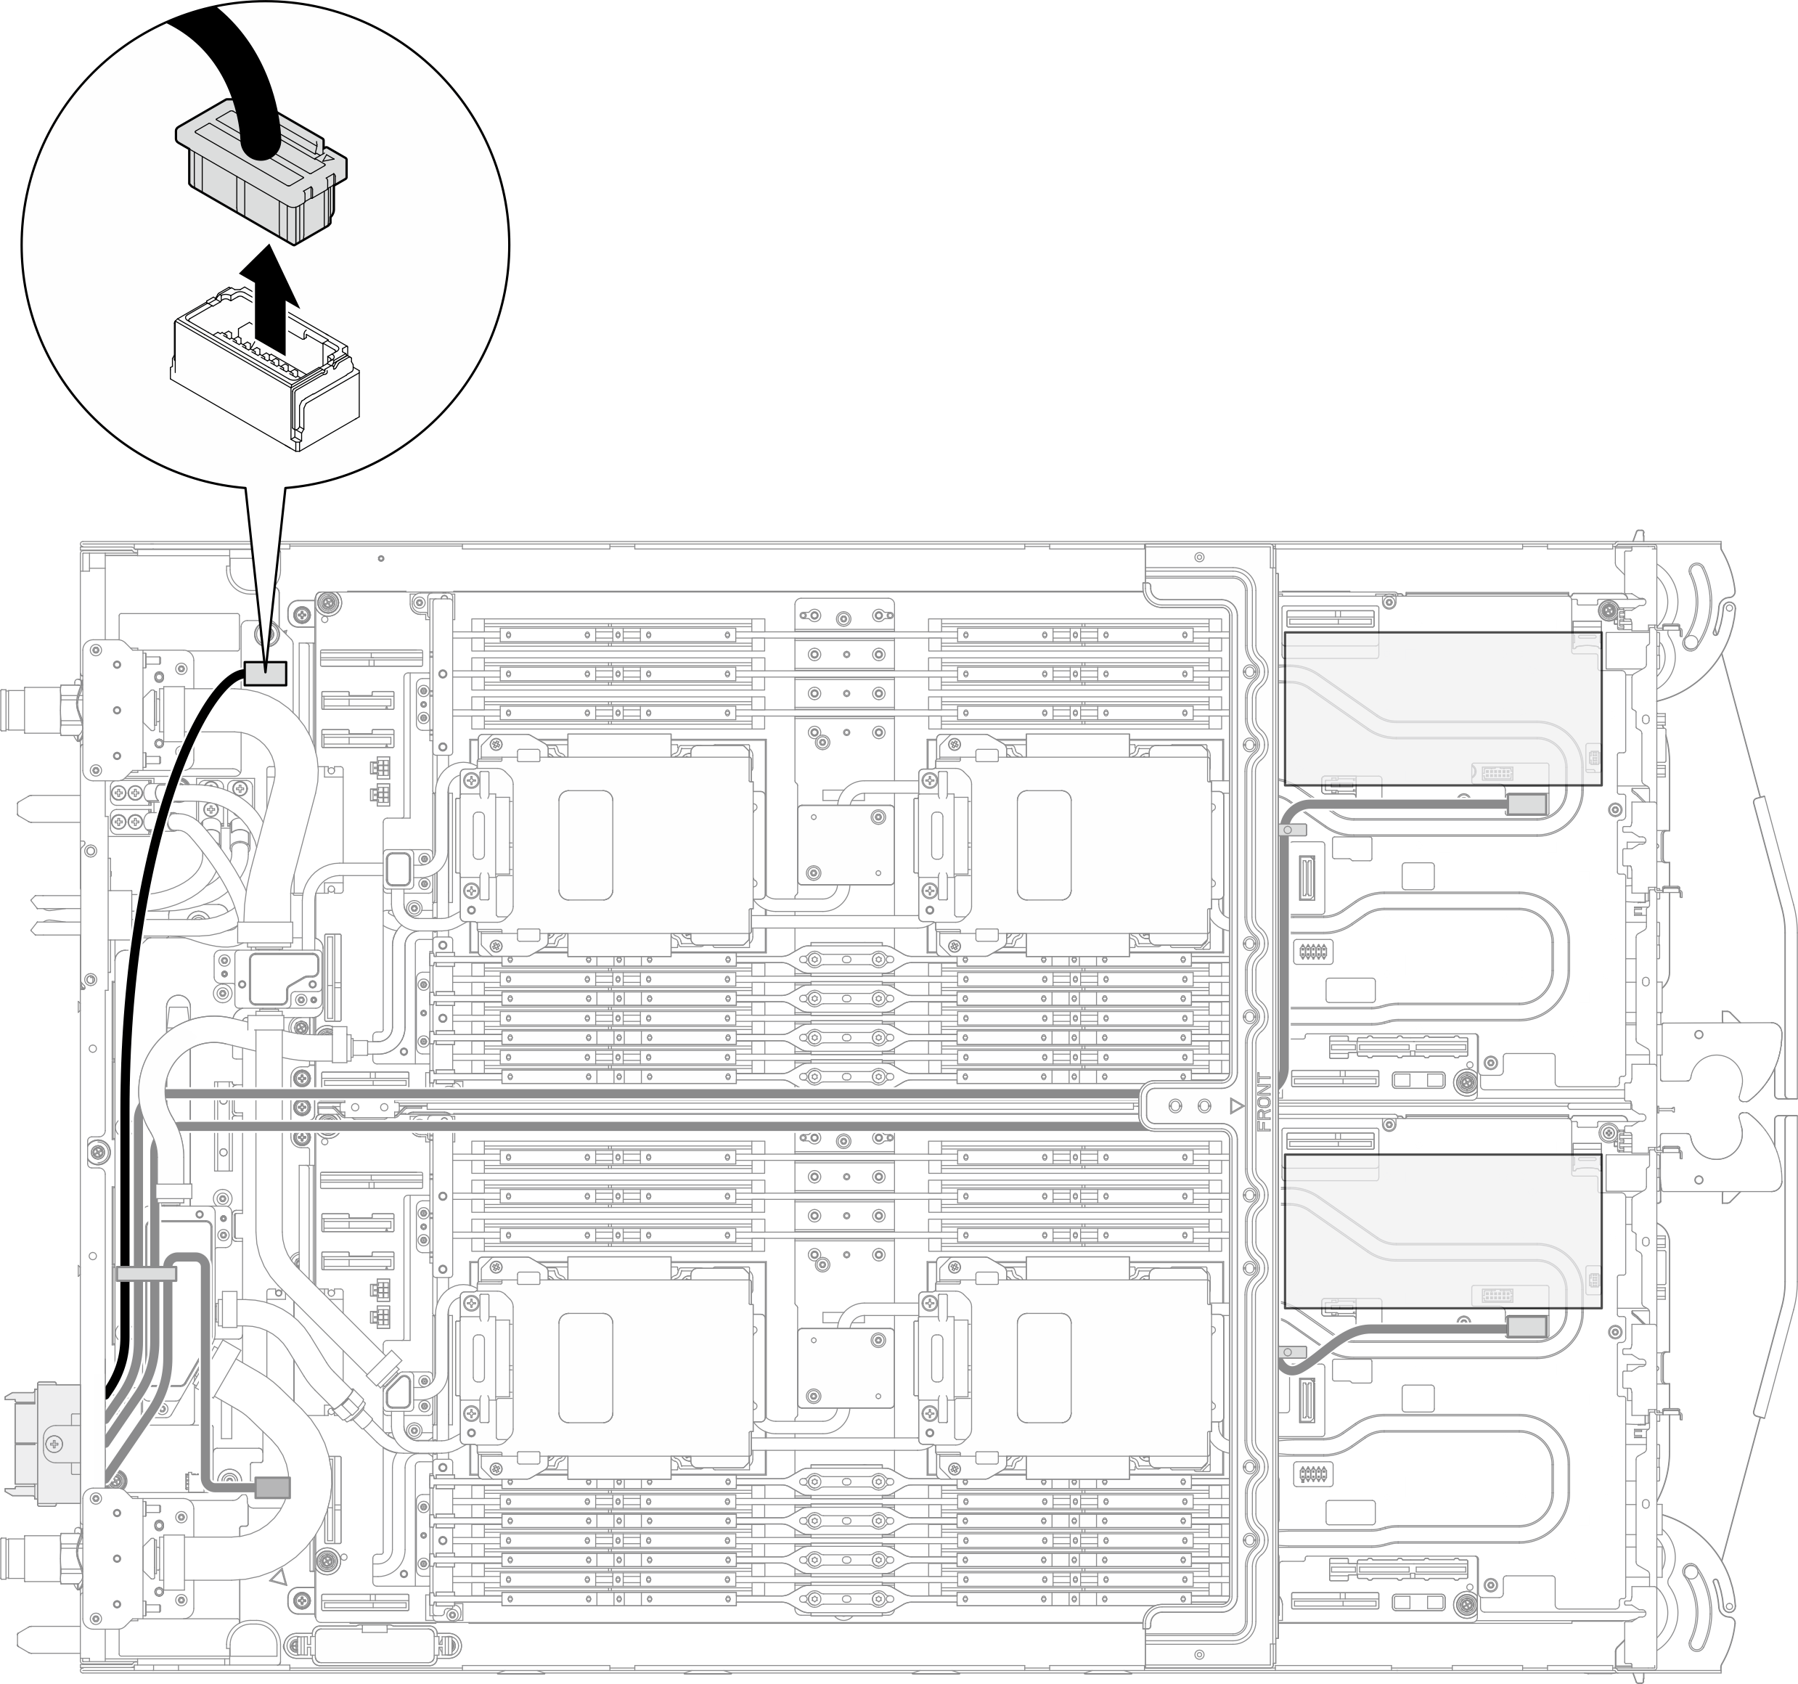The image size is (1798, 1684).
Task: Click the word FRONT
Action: click(x=1264, y=1103)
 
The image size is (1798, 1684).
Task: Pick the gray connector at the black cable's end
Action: click(x=265, y=673)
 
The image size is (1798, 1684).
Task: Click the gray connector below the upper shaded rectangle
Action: click(x=1527, y=803)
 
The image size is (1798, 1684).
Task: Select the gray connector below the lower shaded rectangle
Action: click(x=1527, y=1327)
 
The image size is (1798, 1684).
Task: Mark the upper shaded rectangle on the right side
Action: click(x=1442, y=707)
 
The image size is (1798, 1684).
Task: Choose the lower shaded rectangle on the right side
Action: click(x=1442, y=1230)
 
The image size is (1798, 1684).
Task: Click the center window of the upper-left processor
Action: click(x=585, y=845)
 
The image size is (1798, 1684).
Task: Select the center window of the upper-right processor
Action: click(x=1044, y=845)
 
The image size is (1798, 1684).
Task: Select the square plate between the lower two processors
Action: click(x=846, y=1368)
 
